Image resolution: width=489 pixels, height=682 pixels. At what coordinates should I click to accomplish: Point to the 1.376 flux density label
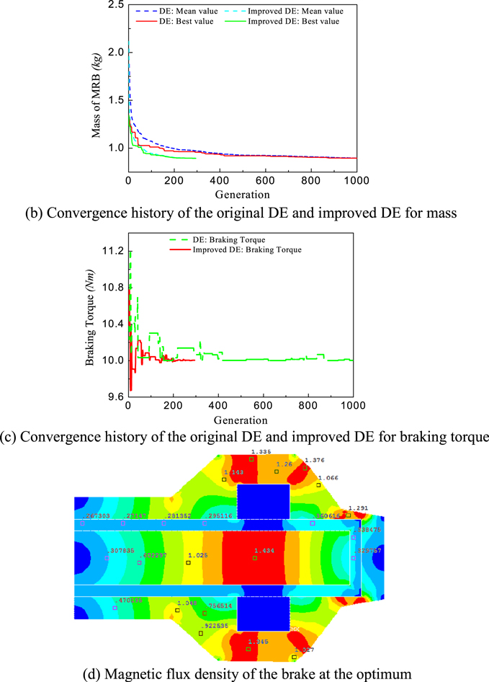[x=315, y=460]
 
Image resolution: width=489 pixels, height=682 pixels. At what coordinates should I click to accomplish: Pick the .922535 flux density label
[x=215, y=626]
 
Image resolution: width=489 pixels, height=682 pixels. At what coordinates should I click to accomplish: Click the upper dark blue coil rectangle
[x=264, y=501]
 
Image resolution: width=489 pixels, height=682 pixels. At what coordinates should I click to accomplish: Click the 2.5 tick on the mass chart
[x=115, y=6]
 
